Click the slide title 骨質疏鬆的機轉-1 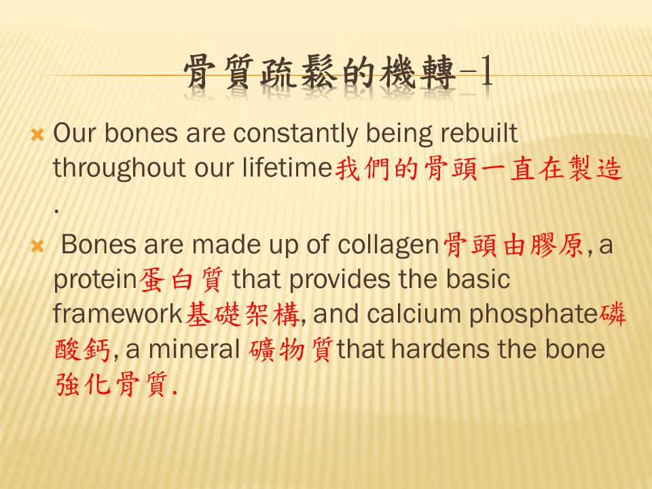pyautogui.click(x=338, y=73)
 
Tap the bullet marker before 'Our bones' pyautogui.click(x=37, y=134)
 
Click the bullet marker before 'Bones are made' pyautogui.click(x=37, y=247)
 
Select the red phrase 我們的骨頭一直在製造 pyautogui.click(x=479, y=168)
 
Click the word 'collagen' pyautogui.click(x=388, y=245)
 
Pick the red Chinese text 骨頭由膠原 pyautogui.click(x=514, y=244)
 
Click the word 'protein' pyautogui.click(x=95, y=280)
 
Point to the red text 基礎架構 pyautogui.click(x=242, y=314)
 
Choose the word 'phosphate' pyautogui.click(x=534, y=314)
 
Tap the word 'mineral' pyautogui.click(x=194, y=348)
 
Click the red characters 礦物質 pyautogui.click(x=291, y=349)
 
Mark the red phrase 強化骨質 pyautogui.click(x=113, y=383)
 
